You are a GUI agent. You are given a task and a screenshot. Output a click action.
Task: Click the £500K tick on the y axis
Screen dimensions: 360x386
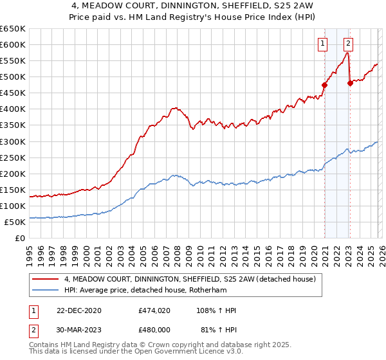click(x=13, y=77)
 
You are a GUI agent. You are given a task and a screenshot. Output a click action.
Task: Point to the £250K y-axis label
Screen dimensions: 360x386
click(x=13, y=157)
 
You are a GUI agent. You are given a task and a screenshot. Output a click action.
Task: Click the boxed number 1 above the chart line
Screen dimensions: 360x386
click(x=322, y=44)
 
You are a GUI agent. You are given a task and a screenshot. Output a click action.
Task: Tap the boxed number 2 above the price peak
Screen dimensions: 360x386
click(x=348, y=44)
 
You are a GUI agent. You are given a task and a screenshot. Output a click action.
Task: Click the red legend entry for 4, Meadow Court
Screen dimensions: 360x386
click(x=189, y=279)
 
